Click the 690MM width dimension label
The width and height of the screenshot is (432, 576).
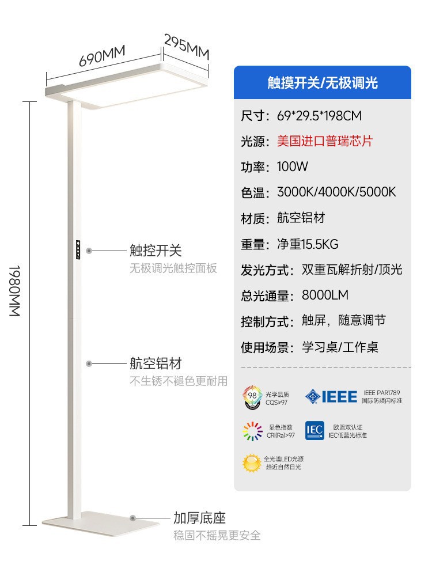[x=103, y=55]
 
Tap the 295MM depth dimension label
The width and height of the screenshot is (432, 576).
[x=186, y=46]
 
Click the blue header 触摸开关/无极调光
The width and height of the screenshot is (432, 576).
[x=322, y=82]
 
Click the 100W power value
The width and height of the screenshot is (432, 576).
[x=292, y=167]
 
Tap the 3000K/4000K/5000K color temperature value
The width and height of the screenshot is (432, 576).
[x=336, y=192]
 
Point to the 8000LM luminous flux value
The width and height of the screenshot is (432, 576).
[x=325, y=295]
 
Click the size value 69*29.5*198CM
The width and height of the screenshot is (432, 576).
[x=319, y=116]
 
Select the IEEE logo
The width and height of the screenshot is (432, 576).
[x=331, y=396]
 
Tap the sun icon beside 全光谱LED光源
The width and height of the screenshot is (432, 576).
[x=252, y=463]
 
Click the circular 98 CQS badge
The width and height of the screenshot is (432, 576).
[x=252, y=397]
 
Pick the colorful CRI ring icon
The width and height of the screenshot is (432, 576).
[x=252, y=431]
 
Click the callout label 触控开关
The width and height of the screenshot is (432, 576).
[x=156, y=251]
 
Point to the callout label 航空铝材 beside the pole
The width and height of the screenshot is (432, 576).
[x=156, y=364]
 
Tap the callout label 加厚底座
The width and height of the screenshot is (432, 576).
[x=199, y=517]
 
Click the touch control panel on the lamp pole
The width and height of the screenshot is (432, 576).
[x=76, y=251]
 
